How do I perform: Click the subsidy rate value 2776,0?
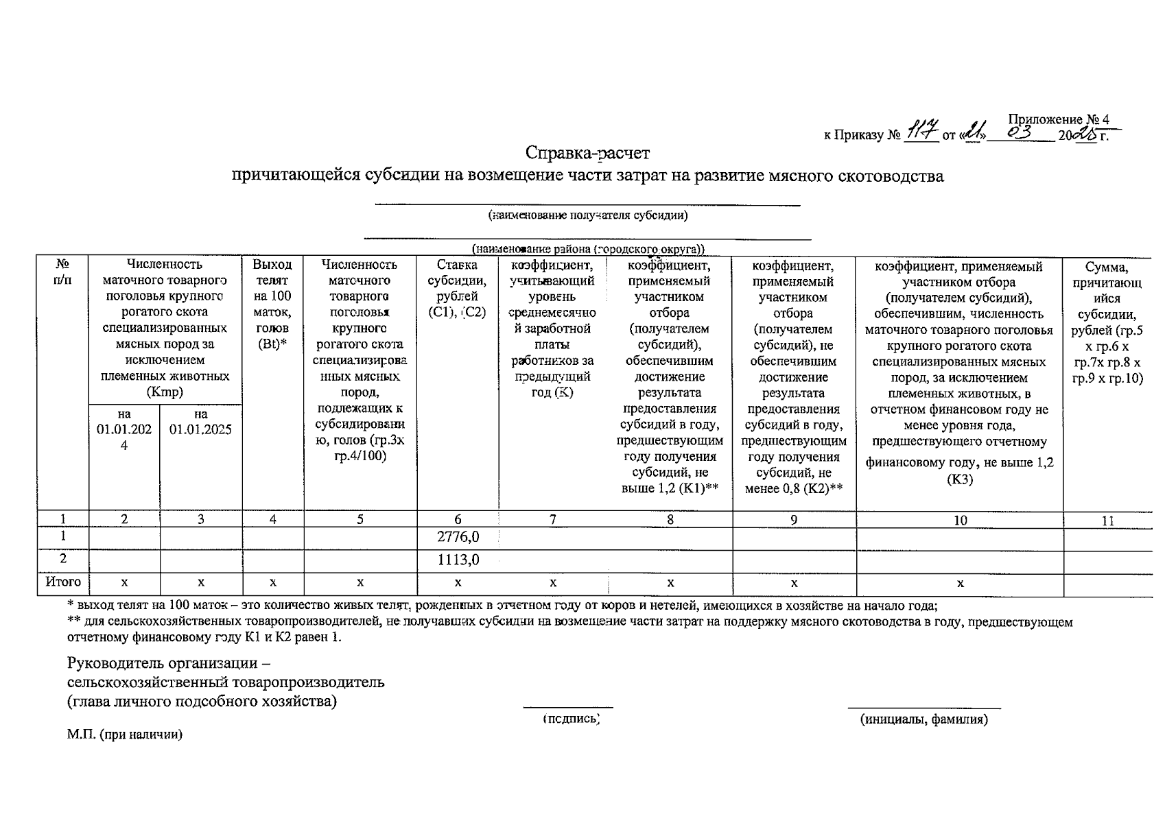click(458, 537)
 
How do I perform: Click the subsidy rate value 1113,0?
click(458, 560)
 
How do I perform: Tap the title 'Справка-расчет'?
click(588, 152)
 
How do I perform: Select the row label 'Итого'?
click(63, 582)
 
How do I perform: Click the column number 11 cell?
click(1107, 521)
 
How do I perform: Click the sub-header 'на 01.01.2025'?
click(200, 422)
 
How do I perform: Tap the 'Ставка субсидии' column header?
click(457, 289)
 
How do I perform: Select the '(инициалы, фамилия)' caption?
click(923, 719)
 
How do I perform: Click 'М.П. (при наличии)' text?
click(125, 735)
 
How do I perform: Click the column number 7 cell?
click(553, 520)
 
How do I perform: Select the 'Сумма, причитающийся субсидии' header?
click(1107, 322)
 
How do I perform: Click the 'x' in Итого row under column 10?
click(960, 583)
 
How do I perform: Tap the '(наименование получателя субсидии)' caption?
click(587, 215)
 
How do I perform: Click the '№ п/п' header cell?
click(62, 272)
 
